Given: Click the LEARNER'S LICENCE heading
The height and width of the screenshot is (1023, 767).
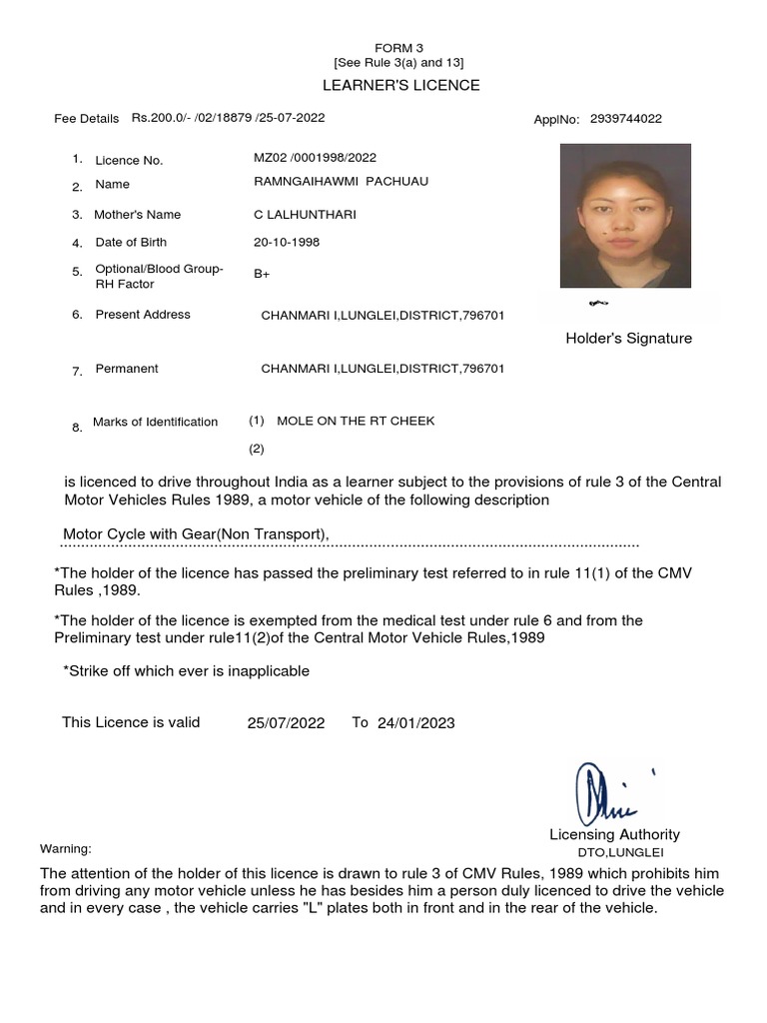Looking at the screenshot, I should (x=400, y=85).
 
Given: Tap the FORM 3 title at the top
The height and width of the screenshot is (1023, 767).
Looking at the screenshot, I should (x=399, y=48).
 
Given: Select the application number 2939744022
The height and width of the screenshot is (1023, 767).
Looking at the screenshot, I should (x=625, y=119).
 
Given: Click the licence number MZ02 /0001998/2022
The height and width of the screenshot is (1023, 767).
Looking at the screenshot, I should (x=315, y=158).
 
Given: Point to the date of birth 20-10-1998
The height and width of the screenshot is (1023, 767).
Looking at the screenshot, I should (x=287, y=242).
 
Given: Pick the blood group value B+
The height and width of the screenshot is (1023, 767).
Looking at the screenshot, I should (x=263, y=274).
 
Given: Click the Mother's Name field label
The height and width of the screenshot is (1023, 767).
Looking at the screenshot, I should (x=137, y=215).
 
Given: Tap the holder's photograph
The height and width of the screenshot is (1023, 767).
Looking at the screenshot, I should (x=624, y=216).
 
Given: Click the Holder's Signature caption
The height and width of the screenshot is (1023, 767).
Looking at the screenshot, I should (x=628, y=339).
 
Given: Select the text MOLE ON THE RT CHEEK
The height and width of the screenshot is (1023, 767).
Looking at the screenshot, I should (x=356, y=421).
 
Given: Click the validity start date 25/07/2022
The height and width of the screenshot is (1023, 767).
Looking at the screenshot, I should (x=286, y=723).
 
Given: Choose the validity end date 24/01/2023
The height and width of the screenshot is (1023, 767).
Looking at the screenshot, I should (x=415, y=723).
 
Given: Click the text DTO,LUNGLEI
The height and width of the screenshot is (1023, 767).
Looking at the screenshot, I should (x=620, y=853).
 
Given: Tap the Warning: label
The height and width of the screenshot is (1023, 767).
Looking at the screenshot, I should (x=66, y=849).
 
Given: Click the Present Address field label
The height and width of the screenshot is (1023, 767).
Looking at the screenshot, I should (x=143, y=315).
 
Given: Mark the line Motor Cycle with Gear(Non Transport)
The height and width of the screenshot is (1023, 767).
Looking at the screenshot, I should (x=196, y=534).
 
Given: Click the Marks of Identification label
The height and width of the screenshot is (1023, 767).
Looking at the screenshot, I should (x=155, y=422).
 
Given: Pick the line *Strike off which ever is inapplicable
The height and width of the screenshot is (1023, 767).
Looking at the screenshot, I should (x=186, y=671).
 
